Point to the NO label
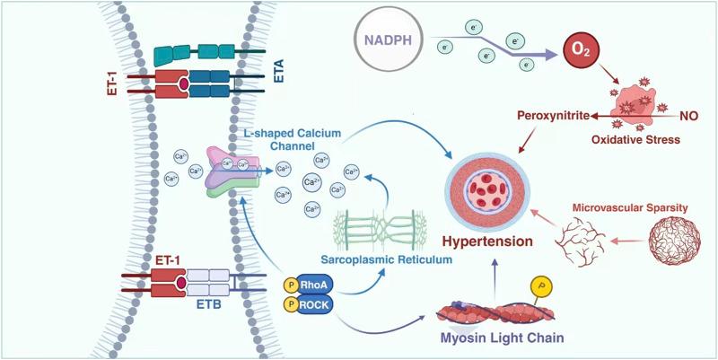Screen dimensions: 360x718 tap(689, 116)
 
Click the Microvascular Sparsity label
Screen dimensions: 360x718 tap(631, 207)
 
